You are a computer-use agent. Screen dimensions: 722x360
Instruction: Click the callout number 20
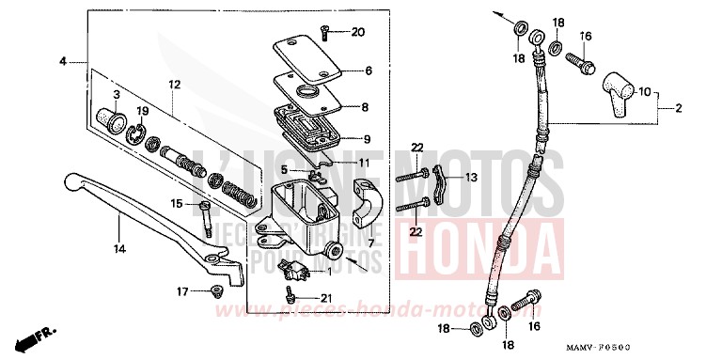point(357,33)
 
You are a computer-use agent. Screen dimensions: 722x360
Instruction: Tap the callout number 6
point(368,70)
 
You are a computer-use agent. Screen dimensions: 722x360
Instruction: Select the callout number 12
point(174,85)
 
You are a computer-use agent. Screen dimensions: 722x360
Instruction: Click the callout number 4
point(63,61)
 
